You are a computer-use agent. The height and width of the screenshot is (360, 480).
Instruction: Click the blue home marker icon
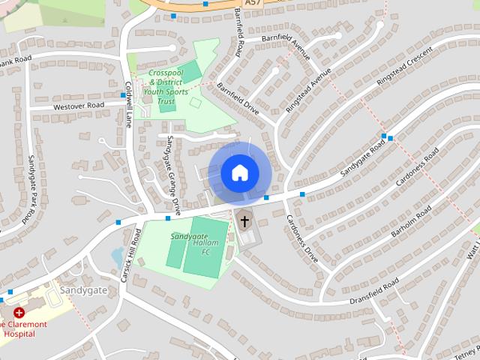[239, 173]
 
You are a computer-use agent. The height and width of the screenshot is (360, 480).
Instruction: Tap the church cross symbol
[244, 221]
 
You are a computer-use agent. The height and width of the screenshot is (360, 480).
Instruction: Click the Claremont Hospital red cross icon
[19, 312]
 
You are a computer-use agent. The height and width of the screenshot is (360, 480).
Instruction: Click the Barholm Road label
[409, 223]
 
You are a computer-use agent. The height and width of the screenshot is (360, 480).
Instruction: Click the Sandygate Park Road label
[32, 187]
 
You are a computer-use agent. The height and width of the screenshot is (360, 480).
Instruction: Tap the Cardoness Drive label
[302, 238]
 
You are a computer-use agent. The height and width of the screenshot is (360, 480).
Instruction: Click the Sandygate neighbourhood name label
[83, 289]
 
